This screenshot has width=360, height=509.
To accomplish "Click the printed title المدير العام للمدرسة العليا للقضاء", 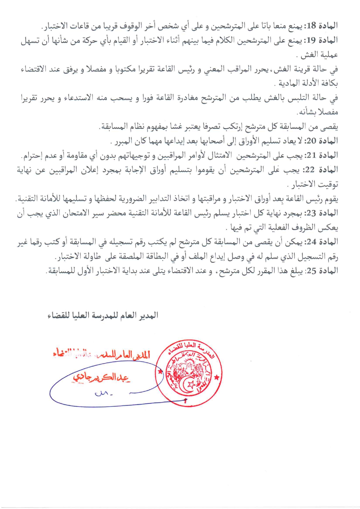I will (103, 315).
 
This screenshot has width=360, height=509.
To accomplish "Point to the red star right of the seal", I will (217, 377).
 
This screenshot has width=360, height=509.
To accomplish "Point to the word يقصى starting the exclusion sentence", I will (331, 127).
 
